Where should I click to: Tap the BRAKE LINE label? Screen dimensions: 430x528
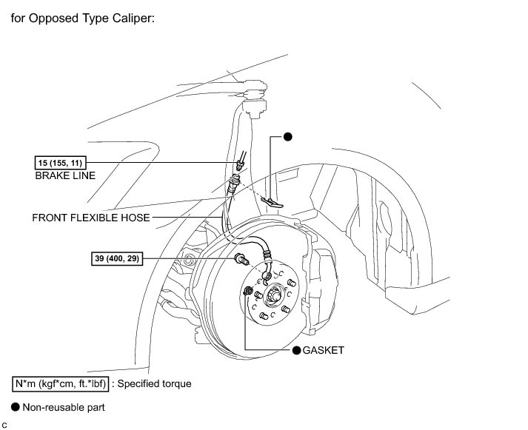65,177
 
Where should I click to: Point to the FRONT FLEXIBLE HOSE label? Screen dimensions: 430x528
91,218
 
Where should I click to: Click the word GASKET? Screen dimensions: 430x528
324,350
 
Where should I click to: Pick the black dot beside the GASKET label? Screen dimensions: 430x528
296,350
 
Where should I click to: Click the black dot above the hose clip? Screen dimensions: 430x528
288,137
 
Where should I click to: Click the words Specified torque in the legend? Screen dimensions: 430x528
154,384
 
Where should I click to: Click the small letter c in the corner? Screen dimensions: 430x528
4,423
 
